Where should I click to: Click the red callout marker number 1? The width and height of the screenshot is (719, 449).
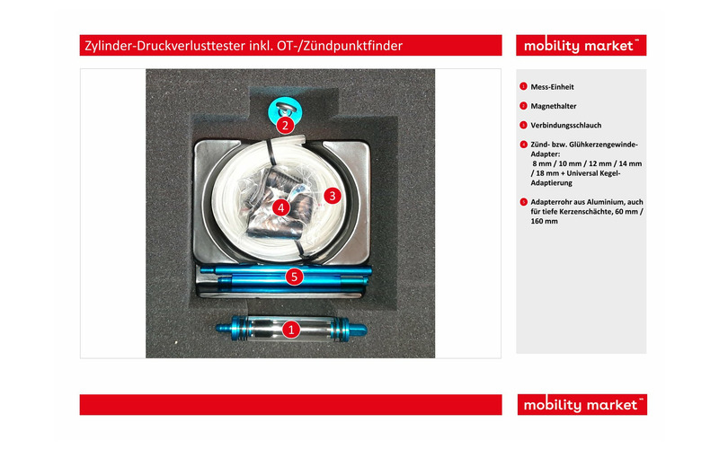click(291, 330)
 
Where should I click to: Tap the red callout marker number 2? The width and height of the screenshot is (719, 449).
click(284, 125)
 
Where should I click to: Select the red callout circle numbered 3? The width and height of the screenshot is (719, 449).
click(331, 194)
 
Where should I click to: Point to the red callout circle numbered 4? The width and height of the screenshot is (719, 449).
click(281, 207)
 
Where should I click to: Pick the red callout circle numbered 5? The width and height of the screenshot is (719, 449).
click(293, 277)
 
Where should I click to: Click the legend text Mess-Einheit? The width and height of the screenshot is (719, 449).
click(552, 87)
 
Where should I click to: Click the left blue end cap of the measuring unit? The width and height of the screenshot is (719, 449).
click(229, 329)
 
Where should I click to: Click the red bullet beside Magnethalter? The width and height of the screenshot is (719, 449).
click(523, 106)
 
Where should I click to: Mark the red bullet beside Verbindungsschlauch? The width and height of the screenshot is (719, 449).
click(523, 125)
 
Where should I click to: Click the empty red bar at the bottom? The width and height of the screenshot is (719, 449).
click(290, 404)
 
